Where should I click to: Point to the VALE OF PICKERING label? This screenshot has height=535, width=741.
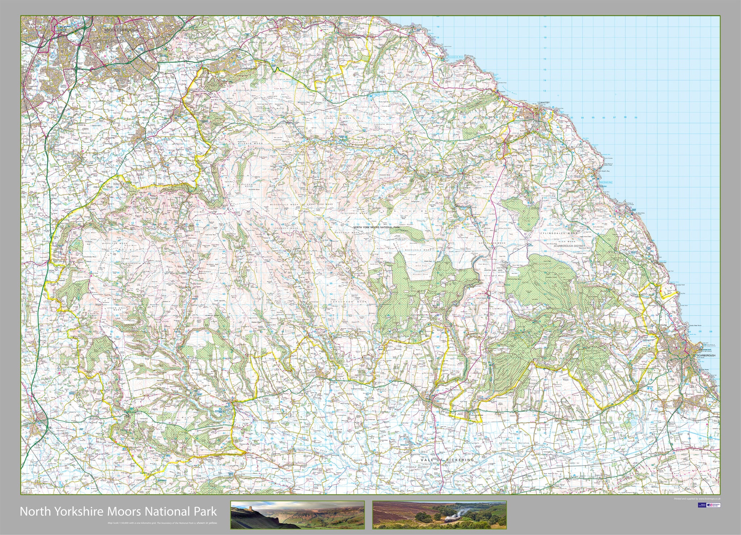(447, 460)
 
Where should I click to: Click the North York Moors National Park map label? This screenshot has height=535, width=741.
(376, 227)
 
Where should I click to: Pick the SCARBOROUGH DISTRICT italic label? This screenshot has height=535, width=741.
(572, 246)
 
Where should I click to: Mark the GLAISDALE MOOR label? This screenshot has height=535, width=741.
(354, 213)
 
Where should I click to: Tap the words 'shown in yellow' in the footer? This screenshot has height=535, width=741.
(207, 523)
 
